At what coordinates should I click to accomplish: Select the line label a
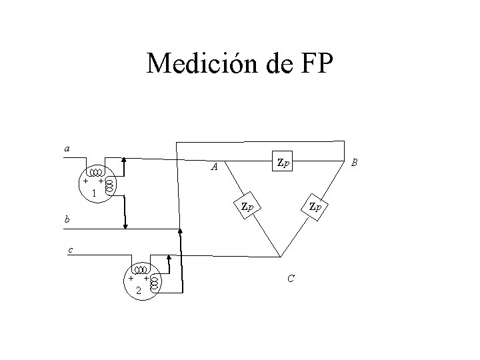pyautogui.click(x=67, y=148)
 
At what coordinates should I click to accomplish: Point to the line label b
pyautogui.click(x=67, y=219)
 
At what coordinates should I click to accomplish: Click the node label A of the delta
pyautogui.click(x=213, y=167)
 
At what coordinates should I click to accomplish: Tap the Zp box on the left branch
pyautogui.click(x=247, y=205)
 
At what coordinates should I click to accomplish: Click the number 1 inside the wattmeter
pyautogui.click(x=94, y=193)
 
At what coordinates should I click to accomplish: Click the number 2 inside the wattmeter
pyautogui.click(x=137, y=291)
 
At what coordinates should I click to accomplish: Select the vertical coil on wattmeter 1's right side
pyautogui.click(x=109, y=185)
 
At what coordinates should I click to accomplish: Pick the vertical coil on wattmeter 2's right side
pyautogui.click(x=154, y=283)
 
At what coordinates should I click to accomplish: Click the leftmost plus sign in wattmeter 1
pyautogui.click(x=85, y=181)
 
